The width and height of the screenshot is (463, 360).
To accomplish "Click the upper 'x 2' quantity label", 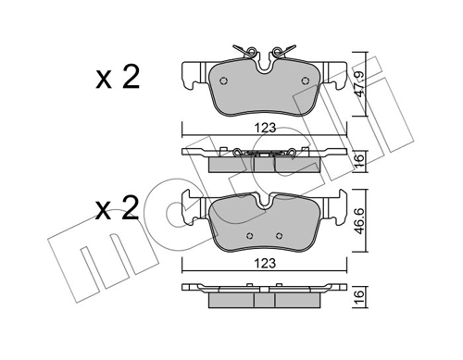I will [x=117, y=77].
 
